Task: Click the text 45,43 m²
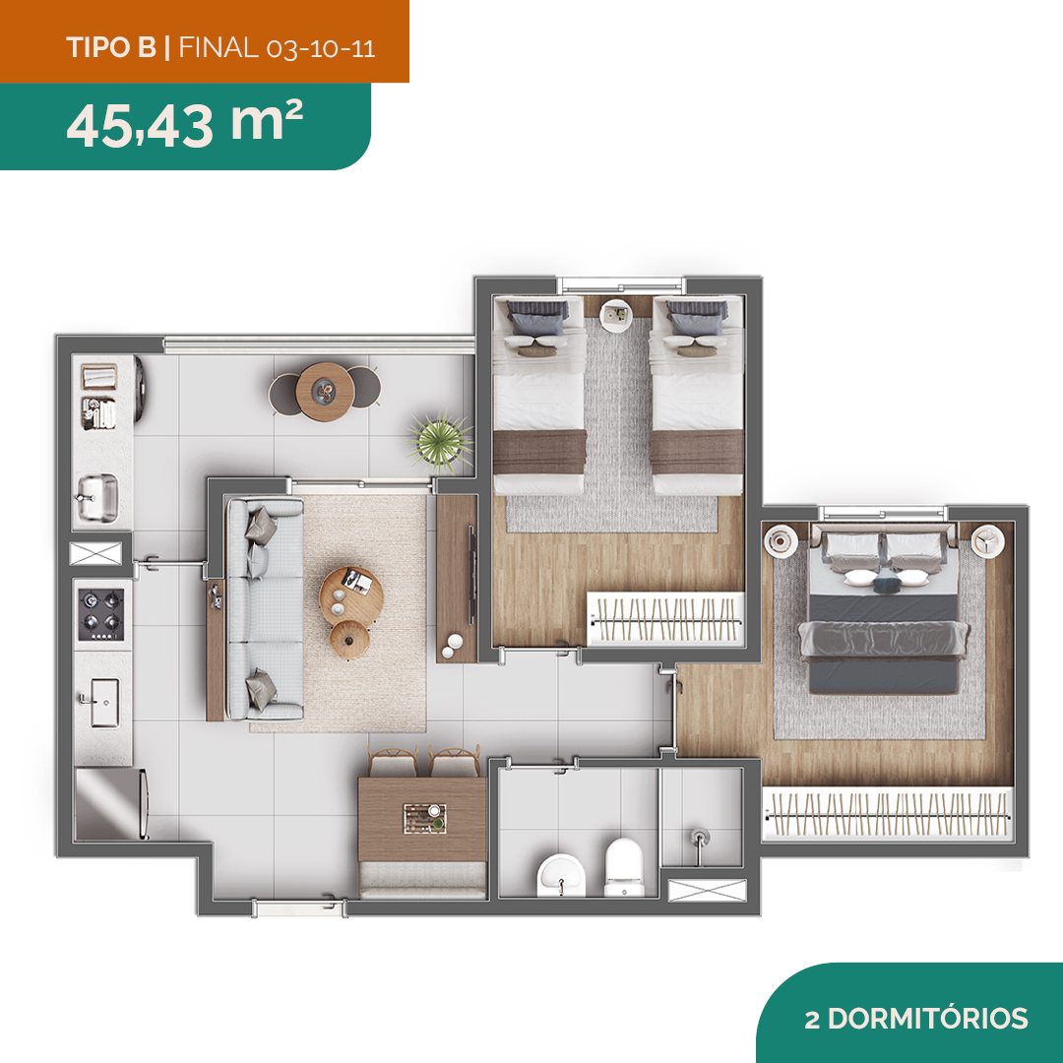pos(184,123)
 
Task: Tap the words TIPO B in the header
pos(111,47)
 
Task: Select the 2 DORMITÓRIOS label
pos(916,1019)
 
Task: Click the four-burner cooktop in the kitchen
pos(101,614)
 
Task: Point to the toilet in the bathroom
pos(623,867)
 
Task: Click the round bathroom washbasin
pos(561,875)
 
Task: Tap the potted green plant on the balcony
pos(440,441)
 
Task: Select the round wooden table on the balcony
pos(326,391)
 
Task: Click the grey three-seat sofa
pos(265,609)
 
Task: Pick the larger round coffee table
pos(351,597)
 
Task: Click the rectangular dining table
pos(422,819)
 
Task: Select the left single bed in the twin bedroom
pos(539,396)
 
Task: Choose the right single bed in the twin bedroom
pos(697,396)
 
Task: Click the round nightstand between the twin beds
pos(616,315)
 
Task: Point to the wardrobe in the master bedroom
pos(888,814)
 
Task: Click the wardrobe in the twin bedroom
pos(665,618)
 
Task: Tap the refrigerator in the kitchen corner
pos(110,803)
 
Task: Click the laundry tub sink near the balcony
pos(97,498)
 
